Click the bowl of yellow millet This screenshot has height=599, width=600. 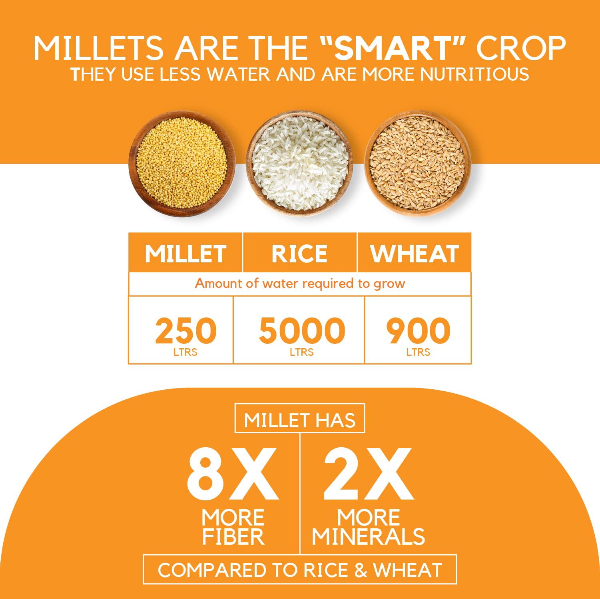click(182, 164)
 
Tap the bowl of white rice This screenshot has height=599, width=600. click(299, 164)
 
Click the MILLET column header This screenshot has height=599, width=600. click(185, 254)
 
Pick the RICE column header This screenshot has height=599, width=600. click(299, 254)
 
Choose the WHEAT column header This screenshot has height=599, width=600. click(415, 254)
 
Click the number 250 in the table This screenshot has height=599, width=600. click(185, 331)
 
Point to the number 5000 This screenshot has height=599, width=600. click(302, 331)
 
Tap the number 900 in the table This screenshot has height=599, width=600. click(418, 331)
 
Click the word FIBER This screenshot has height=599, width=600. click(233, 537)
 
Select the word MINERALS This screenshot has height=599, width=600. click(368, 537)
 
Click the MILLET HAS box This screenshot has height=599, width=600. click(300, 420)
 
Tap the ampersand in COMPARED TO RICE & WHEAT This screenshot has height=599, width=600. click(361, 570)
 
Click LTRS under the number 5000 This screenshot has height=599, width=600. click(302, 352)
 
